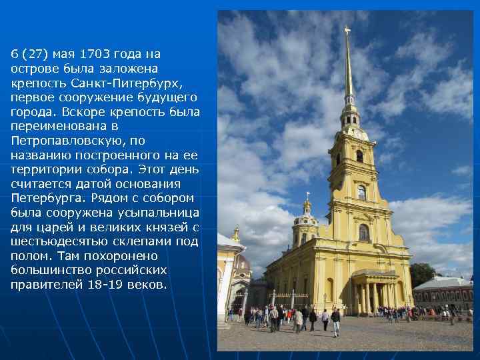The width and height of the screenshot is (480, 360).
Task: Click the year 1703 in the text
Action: tap(93, 53)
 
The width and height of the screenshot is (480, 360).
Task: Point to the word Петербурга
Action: tap(46, 198)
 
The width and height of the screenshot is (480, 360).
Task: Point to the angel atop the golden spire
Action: tap(347, 30)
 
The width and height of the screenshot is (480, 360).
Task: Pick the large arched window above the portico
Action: tap(363, 233)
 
